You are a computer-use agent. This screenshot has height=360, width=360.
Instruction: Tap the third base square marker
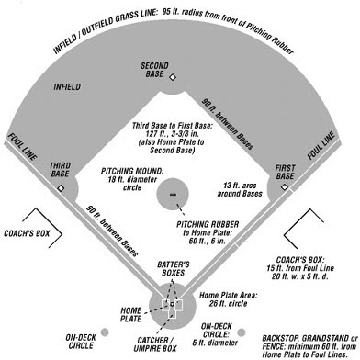click(x=61, y=188)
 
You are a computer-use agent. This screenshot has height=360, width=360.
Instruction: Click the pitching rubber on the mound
click(x=171, y=196)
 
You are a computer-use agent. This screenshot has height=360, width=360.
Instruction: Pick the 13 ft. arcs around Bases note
click(x=239, y=192)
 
